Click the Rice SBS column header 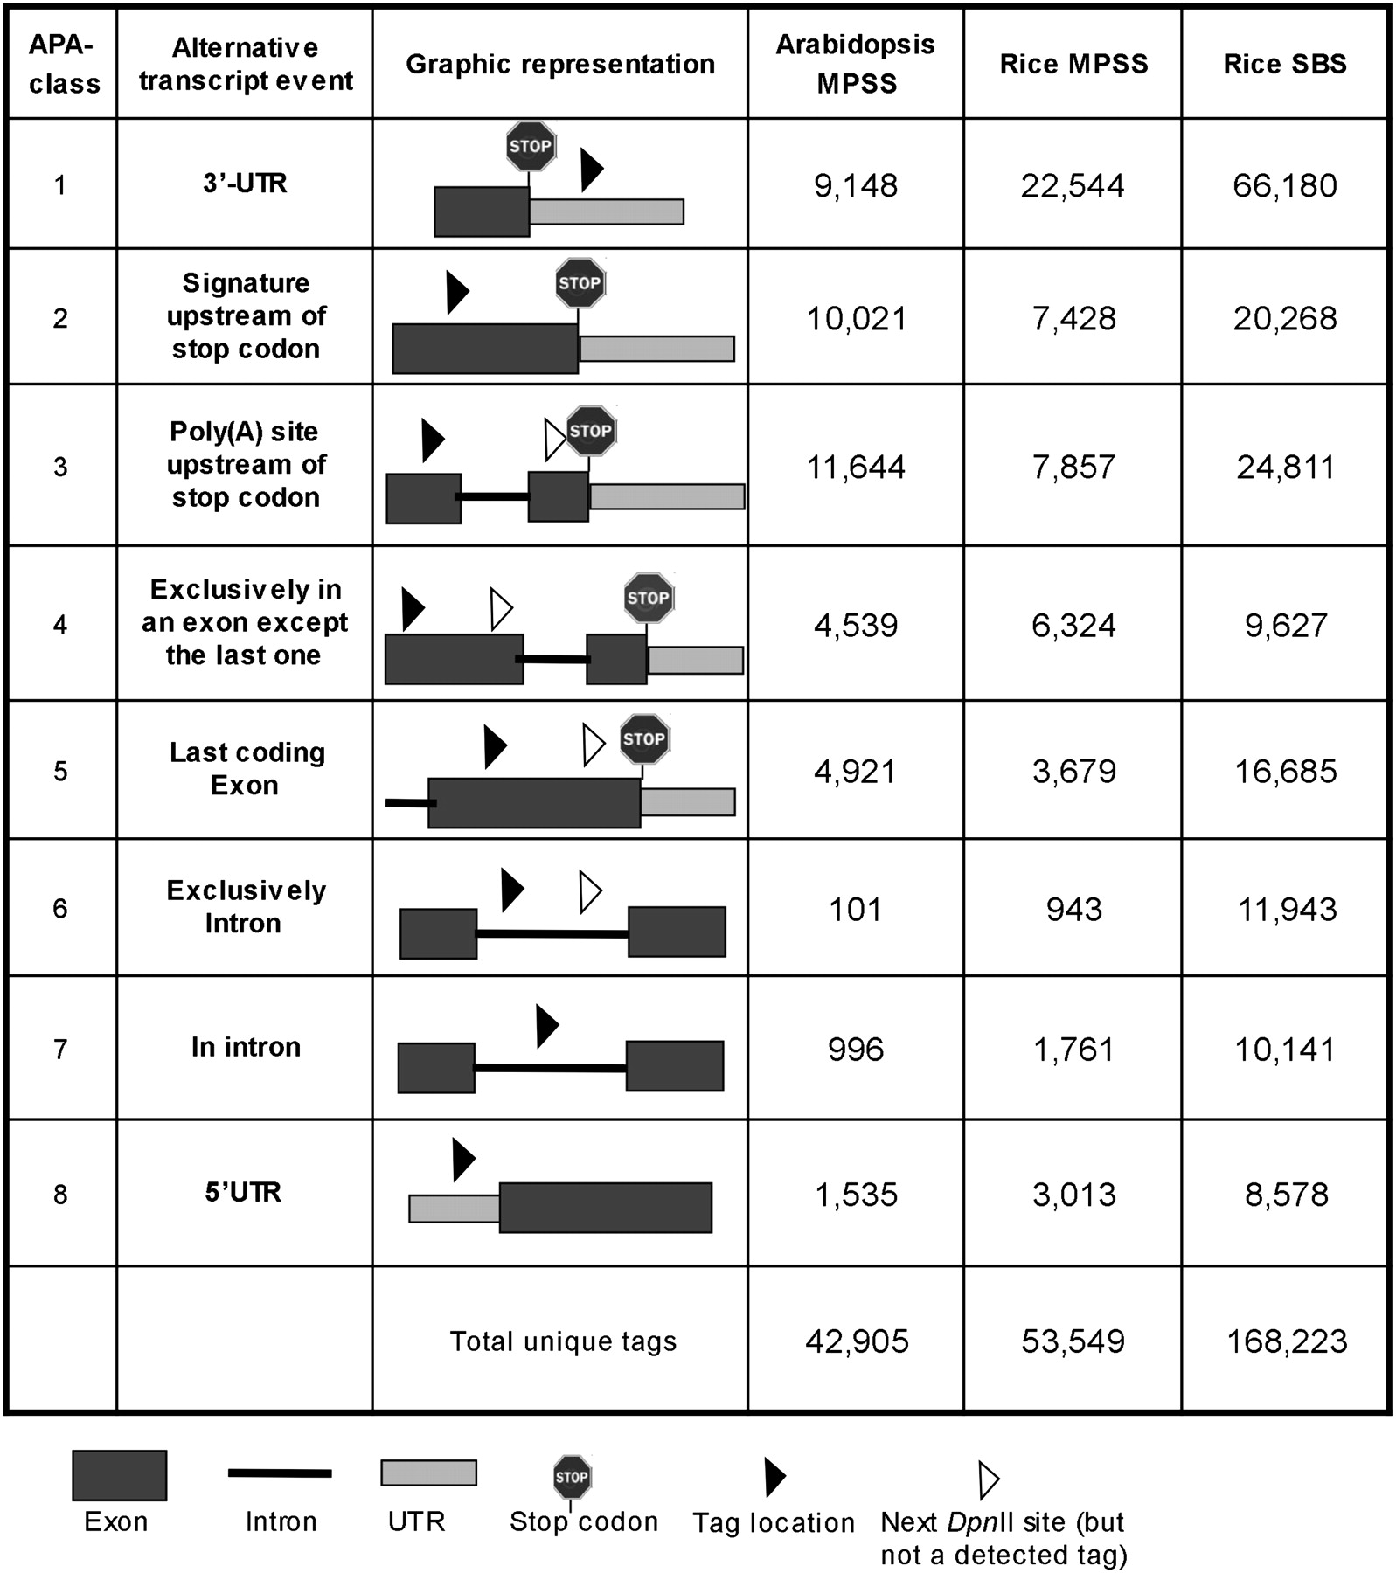pos(1284,64)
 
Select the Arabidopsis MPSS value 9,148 pos(856,185)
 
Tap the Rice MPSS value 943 pos(1073,910)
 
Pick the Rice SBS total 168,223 pos(1287,1341)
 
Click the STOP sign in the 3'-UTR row pos(531,146)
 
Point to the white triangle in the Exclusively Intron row pos(590,892)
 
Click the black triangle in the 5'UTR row pos(462,1160)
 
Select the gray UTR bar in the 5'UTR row pos(455,1209)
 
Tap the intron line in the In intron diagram pos(550,1068)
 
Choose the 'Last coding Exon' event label pos(247,769)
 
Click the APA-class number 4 pos(60,625)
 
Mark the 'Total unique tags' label pos(563,1341)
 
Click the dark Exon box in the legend pos(119,1476)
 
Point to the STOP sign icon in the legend pos(572,1477)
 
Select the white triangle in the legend pos(988,1480)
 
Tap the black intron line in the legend pos(280,1473)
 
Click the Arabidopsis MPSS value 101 pos(855,910)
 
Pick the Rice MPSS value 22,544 pos(1073,185)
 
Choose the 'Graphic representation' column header pos(560,64)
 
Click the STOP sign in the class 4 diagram pos(648,598)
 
